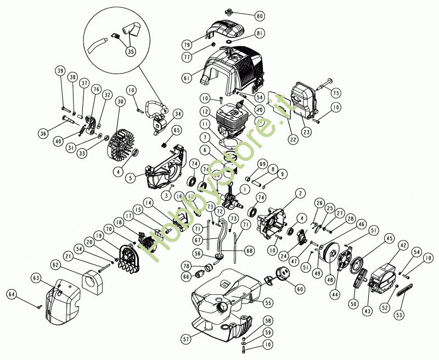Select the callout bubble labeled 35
130,52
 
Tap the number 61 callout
187,78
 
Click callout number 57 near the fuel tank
186,340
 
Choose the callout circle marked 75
336,93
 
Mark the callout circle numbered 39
60,71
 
